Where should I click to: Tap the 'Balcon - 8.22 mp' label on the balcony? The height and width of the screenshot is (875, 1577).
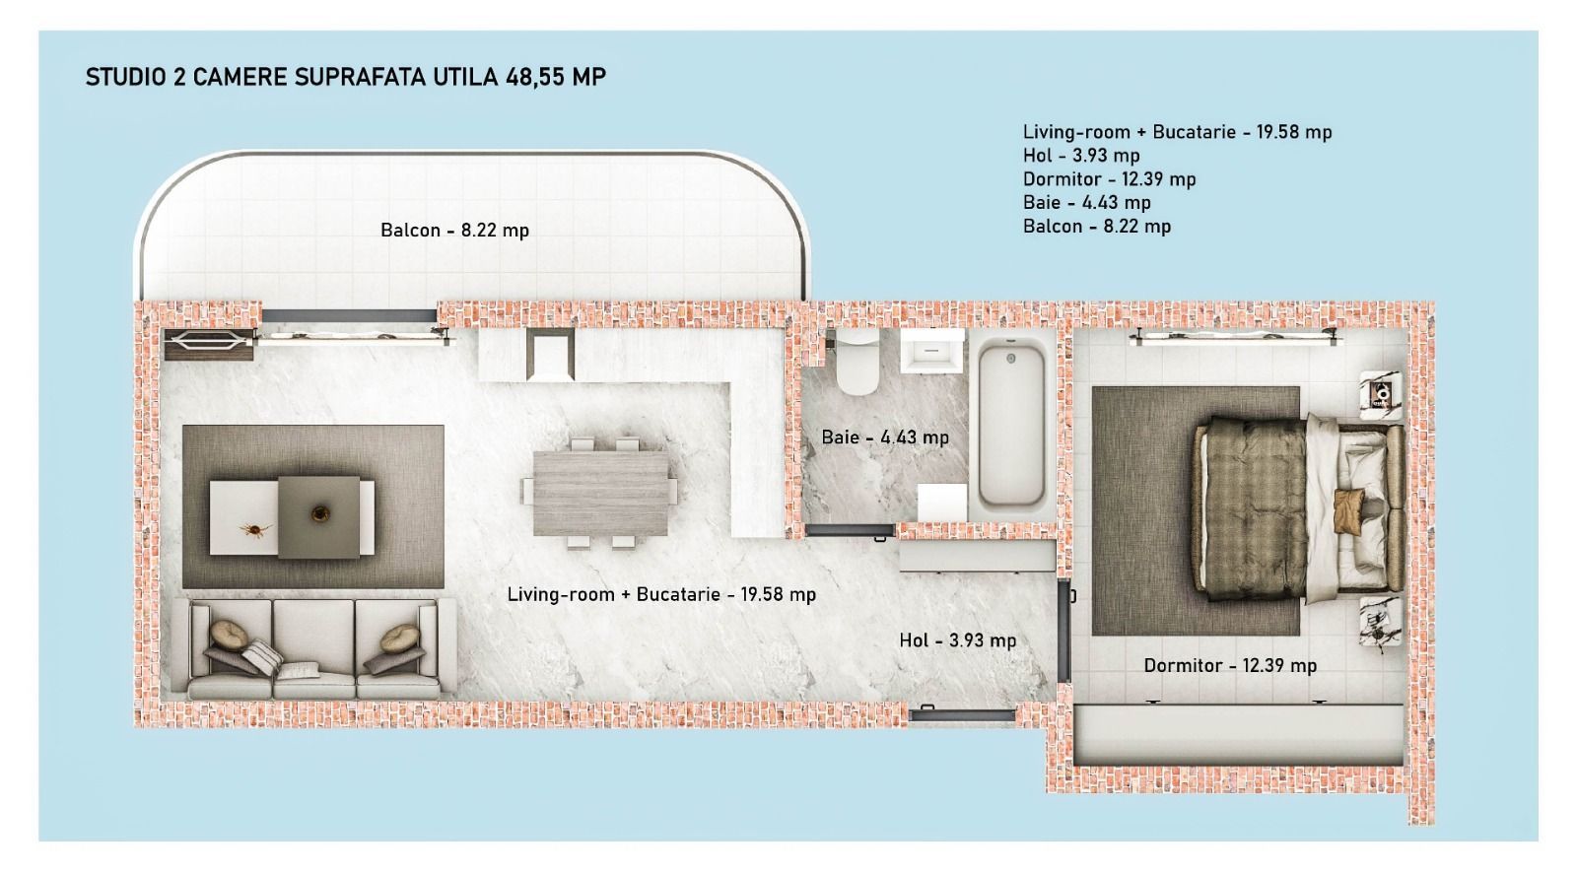[x=454, y=231]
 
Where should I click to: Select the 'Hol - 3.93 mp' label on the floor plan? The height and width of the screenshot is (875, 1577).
[x=957, y=640]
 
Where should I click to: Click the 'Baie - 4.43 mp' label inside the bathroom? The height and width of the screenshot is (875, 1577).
[x=884, y=437]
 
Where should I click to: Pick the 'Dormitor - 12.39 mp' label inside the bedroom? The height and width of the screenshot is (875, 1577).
[x=1229, y=665]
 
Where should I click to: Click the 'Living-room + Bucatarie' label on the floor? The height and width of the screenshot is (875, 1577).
[x=660, y=594]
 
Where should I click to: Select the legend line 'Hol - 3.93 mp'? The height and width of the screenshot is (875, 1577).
[x=1080, y=156]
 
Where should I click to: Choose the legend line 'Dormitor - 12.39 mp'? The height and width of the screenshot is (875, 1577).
[x=1109, y=179]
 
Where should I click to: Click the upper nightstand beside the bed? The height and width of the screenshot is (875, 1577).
[x=1381, y=395]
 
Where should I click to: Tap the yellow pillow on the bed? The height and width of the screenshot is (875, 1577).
[x=1347, y=508]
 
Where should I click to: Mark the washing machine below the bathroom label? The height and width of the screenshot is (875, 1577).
[x=941, y=503]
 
